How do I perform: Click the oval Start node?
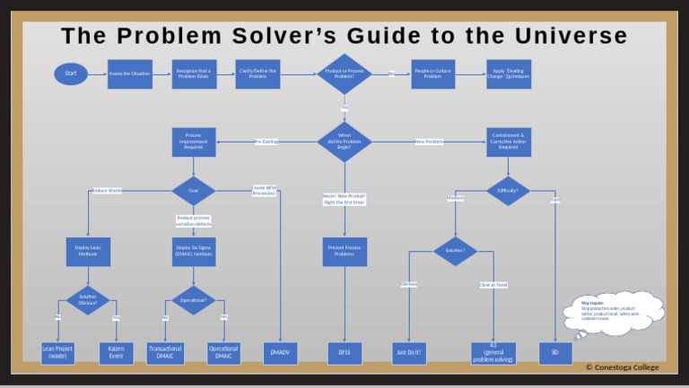coord(71,73)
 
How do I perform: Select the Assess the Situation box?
coord(129,73)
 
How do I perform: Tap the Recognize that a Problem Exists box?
coord(194,73)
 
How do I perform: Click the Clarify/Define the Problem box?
coord(258,73)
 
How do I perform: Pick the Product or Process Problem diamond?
coord(344,73)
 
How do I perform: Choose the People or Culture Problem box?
coord(433,73)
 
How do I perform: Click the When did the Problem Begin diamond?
coord(344,142)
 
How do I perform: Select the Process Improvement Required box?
coord(194,142)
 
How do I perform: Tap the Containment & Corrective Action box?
coord(509,142)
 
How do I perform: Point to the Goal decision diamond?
coord(194,191)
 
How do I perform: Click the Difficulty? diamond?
coord(509,191)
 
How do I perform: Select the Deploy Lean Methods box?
coord(88,251)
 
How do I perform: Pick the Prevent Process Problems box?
coord(344,251)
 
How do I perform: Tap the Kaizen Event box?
coord(116,353)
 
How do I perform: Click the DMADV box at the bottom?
coord(280,353)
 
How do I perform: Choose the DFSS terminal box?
coord(344,353)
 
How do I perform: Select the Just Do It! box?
coord(409,353)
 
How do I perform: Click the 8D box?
coord(555,353)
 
